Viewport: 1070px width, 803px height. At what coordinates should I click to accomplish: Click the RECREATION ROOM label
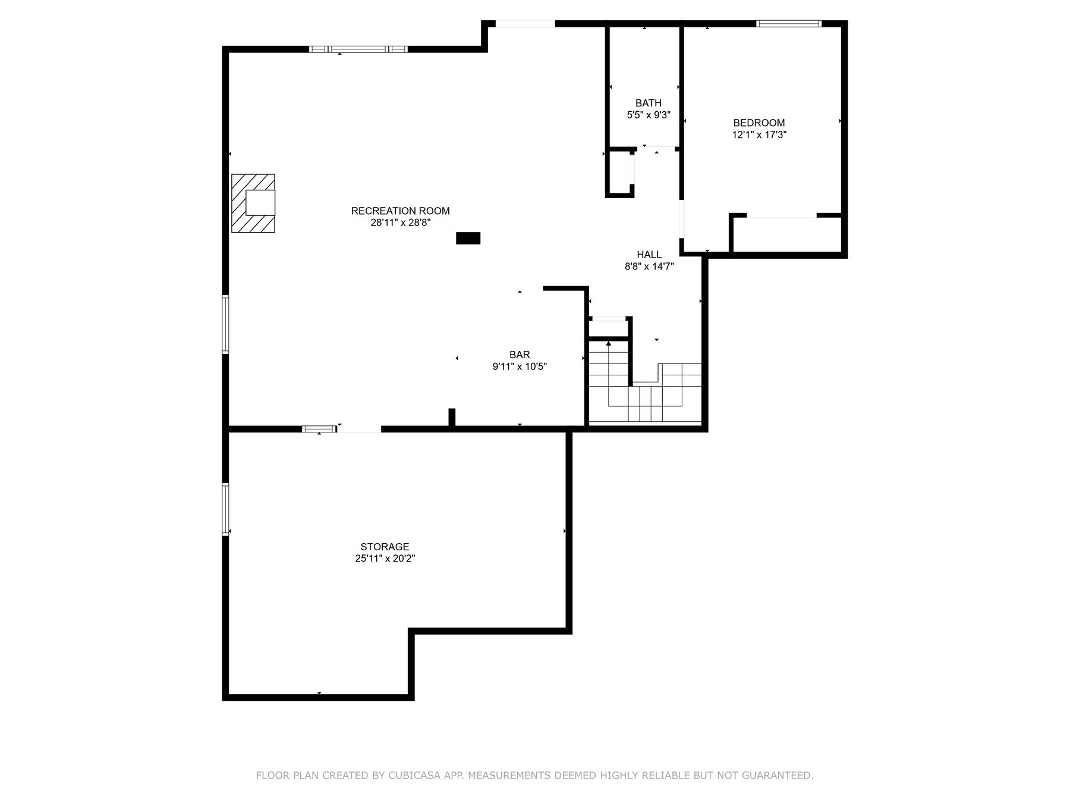pos(400,211)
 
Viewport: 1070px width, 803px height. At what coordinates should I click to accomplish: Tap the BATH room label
pos(648,103)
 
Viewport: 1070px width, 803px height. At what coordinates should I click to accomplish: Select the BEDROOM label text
pos(759,123)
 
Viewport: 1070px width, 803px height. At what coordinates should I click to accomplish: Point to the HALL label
pos(649,255)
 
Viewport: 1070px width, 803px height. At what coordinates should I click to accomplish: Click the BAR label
pos(520,355)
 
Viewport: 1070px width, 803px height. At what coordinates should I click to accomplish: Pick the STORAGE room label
pos(385,547)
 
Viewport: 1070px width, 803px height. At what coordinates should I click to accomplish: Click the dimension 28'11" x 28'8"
pos(400,223)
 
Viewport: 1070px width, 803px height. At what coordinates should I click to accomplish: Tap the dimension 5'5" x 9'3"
pos(649,115)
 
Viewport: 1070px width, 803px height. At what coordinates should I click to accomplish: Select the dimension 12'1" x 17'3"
pos(759,135)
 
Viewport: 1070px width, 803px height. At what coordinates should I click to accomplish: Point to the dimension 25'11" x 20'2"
pos(385,559)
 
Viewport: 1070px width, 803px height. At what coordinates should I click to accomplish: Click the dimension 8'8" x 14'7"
pos(649,267)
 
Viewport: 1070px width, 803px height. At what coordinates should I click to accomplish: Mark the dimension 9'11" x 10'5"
pos(520,367)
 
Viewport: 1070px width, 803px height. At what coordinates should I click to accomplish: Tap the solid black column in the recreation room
pos(468,239)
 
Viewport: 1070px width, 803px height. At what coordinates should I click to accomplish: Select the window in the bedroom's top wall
pos(789,24)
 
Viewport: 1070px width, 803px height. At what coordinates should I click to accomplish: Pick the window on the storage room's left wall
pos(225,509)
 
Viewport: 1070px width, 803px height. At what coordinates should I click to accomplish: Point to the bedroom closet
pos(785,235)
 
